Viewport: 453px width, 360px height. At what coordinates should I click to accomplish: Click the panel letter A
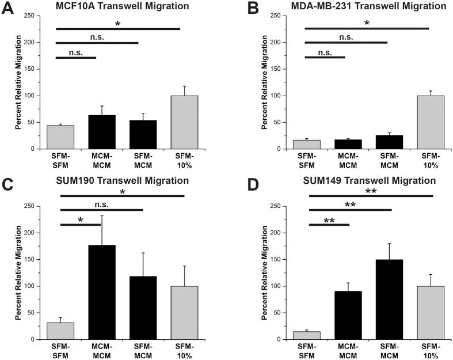[7, 9]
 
